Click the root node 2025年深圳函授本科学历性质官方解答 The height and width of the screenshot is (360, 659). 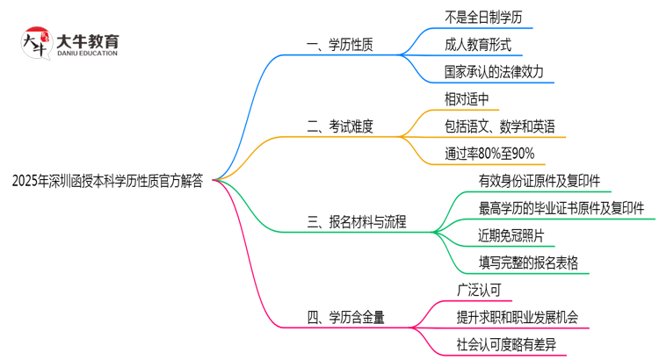(107, 181)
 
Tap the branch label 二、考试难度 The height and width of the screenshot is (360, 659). (340, 126)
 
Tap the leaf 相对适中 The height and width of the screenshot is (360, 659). (467, 98)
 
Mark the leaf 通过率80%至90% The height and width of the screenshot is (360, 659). (489, 155)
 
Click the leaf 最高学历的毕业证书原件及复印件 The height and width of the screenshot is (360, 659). (561, 208)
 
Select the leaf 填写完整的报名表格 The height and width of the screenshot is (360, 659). (528, 263)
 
